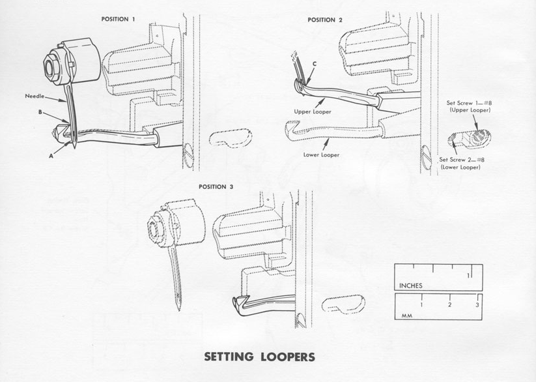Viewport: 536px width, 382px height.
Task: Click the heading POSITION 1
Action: tap(118, 20)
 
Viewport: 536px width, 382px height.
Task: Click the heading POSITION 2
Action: tap(325, 20)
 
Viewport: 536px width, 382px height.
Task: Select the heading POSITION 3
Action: tap(216, 187)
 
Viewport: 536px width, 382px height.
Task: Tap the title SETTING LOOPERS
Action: tap(260, 357)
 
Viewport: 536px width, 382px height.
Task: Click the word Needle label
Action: tap(35, 96)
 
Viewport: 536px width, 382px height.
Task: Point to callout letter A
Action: tap(50, 155)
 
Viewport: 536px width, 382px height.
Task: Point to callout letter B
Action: tap(40, 113)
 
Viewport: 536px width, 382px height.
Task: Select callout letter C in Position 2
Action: tap(314, 63)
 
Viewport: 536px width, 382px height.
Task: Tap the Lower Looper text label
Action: tap(320, 155)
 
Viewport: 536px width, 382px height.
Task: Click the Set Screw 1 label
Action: tap(470, 106)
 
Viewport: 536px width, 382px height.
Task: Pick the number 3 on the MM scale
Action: tap(477, 305)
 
